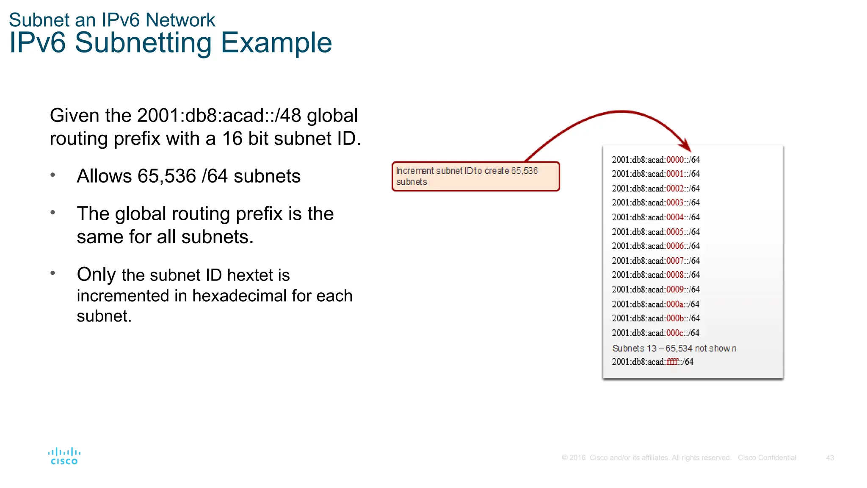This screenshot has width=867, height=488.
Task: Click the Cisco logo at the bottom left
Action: tap(64, 456)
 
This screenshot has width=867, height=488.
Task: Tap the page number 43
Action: tap(830, 458)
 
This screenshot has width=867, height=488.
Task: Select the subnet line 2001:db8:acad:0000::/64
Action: tap(656, 160)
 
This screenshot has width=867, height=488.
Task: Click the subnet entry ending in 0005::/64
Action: tap(656, 232)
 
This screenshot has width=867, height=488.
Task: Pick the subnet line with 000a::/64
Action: tap(656, 304)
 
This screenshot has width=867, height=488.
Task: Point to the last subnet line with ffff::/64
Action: tap(652, 362)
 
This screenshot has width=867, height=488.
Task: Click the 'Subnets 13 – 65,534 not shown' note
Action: tap(674, 348)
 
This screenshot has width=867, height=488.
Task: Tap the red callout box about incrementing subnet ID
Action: tap(475, 176)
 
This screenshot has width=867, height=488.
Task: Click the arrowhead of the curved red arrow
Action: tap(686, 146)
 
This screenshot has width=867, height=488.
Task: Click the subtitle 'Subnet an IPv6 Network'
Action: tap(112, 20)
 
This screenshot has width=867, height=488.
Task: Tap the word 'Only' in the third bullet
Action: tap(96, 274)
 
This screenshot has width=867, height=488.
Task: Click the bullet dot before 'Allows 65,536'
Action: tap(53, 175)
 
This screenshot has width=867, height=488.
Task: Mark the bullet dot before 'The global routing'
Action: tap(53, 212)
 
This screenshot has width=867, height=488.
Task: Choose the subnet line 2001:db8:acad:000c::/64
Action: tap(656, 333)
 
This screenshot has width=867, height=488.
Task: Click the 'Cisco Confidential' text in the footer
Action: tap(767, 458)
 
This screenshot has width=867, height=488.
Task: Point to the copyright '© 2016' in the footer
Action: tap(574, 458)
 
